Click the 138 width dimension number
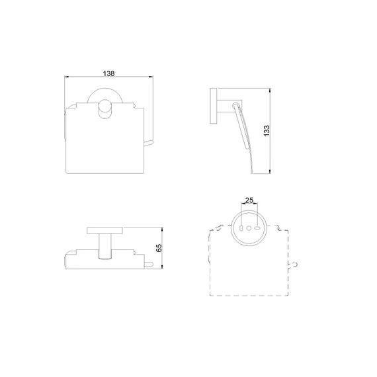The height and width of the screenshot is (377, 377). [x=108, y=73]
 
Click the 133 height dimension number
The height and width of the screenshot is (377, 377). [x=267, y=131]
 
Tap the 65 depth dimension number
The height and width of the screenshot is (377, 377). [x=159, y=248]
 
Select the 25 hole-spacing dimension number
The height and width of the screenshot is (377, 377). [x=249, y=200]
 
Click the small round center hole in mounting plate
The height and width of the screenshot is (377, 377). [x=249, y=228]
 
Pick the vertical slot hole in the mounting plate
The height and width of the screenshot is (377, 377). [x=241, y=228]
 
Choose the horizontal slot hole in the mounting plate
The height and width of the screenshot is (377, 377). [x=257, y=228]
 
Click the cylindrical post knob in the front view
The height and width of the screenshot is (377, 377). [x=105, y=109]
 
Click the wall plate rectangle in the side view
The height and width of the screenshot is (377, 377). [x=214, y=106]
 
